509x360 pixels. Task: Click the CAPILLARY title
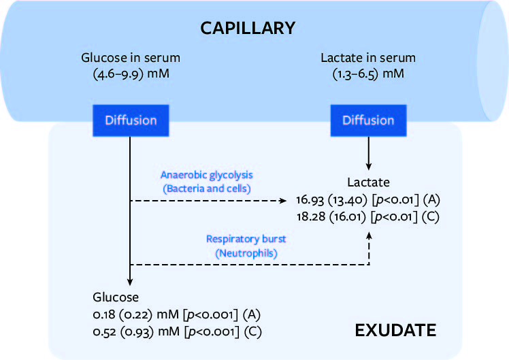click(248, 29)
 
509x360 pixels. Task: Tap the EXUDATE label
click(395, 331)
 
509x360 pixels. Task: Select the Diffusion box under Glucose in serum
click(131, 120)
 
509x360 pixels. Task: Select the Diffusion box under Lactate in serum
click(368, 120)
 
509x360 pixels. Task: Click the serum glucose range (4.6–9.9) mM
click(131, 73)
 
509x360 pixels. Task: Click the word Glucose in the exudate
click(115, 297)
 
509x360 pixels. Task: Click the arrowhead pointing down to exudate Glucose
click(129, 285)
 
